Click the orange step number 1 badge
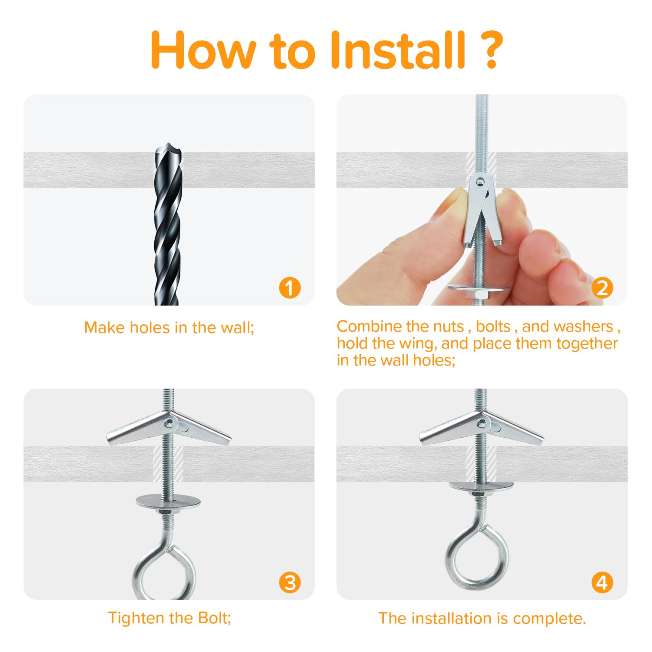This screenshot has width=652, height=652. (290, 288)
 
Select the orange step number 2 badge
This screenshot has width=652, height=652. (602, 288)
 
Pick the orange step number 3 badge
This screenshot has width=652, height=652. (290, 582)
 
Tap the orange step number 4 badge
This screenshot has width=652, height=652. (602, 582)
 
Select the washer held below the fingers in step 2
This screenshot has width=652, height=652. (479, 288)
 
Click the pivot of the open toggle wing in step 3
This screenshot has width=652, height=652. (168, 422)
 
